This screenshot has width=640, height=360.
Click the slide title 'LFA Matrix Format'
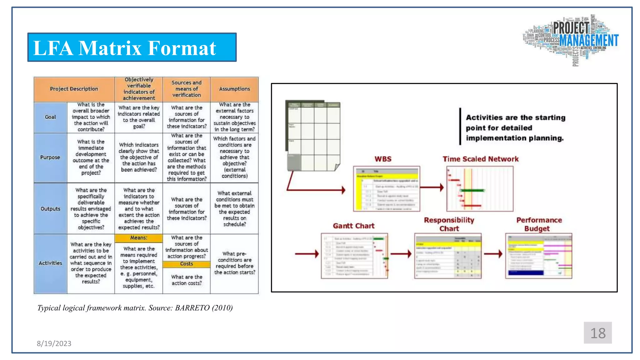(x=125, y=48)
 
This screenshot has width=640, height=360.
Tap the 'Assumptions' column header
(x=234, y=89)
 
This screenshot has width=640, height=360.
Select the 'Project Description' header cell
(x=74, y=89)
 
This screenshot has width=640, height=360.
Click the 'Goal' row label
(x=50, y=117)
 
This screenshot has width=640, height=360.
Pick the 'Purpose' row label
(x=50, y=157)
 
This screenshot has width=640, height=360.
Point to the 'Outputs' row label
(x=50, y=209)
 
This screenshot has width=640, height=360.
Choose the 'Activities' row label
(x=50, y=263)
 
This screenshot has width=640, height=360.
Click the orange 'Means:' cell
(x=138, y=238)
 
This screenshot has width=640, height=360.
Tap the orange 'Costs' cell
(x=187, y=264)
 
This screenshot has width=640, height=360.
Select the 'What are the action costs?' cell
(x=187, y=280)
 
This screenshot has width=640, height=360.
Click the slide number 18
(x=597, y=333)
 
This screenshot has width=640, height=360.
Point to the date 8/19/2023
(x=54, y=344)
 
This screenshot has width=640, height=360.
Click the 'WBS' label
(x=383, y=159)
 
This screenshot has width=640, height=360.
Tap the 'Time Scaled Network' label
(x=480, y=159)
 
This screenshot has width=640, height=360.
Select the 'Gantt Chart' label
(x=353, y=226)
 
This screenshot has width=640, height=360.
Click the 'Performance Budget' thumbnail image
(x=539, y=256)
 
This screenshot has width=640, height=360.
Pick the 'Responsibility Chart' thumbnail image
(x=448, y=256)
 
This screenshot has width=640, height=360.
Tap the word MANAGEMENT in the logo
(x=589, y=41)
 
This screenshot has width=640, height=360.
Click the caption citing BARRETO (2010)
(x=135, y=308)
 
